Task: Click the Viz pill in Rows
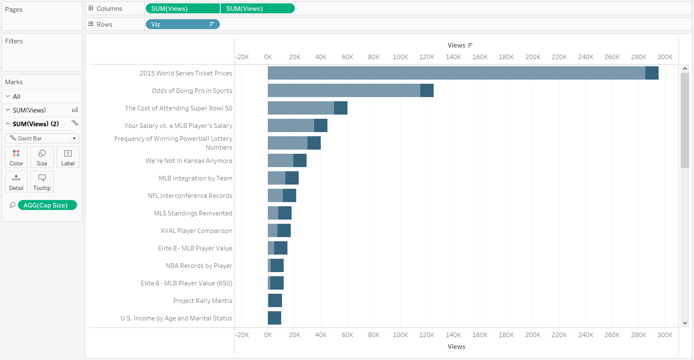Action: click(x=182, y=25)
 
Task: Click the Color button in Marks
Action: click(x=16, y=157)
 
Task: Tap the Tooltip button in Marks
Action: click(x=42, y=182)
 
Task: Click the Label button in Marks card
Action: click(x=68, y=157)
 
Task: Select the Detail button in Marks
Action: click(x=16, y=182)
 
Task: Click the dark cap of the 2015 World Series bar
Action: click(x=652, y=73)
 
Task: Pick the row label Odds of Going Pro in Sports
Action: click(x=192, y=91)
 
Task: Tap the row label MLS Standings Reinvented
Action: click(x=193, y=213)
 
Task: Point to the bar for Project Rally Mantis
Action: click(x=275, y=300)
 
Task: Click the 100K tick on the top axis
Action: click(x=400, y=57)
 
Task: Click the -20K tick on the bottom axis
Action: click(x=242, y=335)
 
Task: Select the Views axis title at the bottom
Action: click(x=456, y=347)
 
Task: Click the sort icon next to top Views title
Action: click(x=470, y=45)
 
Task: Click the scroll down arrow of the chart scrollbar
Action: click(x=685, y=323)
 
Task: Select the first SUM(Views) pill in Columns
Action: click(x=182, y=9)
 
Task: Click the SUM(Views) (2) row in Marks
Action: click(x=36, y=124)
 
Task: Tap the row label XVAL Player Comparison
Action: click(x=196, y=231)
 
